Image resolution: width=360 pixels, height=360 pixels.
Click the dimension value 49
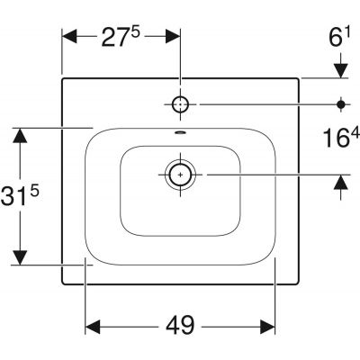tap(180, 325)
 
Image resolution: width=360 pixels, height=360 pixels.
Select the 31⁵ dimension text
tap(20, 195)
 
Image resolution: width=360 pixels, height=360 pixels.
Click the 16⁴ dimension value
tap(342, 139)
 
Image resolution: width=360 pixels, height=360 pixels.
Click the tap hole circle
tap(180, 104)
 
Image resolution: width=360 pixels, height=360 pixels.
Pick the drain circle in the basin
tap(180, 175)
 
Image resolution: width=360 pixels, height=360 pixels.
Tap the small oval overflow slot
tap(180, 131)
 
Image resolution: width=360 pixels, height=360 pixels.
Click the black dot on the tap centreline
tap(341, 104)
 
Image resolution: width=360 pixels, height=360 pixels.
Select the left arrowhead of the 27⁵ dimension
tap(69, 37)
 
